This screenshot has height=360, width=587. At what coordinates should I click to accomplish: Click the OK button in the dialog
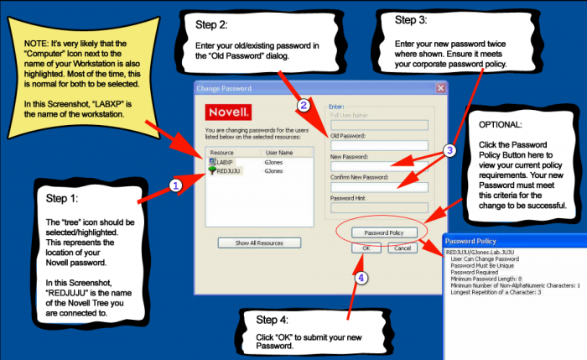[x=366, y=248]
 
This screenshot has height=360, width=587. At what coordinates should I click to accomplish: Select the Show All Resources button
[x=259, y=243]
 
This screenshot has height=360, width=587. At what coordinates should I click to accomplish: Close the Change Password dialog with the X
[x=440, y=88]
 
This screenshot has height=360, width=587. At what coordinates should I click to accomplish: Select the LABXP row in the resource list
[x=227, y=161]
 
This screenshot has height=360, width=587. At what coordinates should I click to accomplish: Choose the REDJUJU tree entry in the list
[x=228, y=170]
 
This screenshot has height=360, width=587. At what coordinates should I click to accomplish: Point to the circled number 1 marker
[x=175, y=185]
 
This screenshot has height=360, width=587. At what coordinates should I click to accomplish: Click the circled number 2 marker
[x=303, y=106]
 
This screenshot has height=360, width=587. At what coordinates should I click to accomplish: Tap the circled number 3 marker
[x=449, y=151]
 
